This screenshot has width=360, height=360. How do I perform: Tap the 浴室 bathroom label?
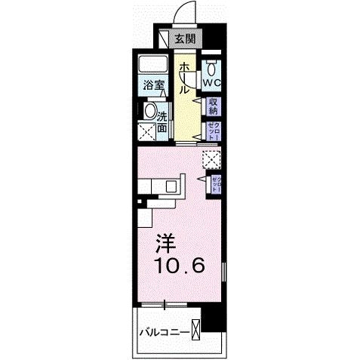pyautogui.click(x=153, y=85)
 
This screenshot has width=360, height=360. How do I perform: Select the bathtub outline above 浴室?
pyautogui.click(x=155, y=63)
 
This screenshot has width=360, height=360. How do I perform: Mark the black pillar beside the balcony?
pyautogui.click(x=216, y=322)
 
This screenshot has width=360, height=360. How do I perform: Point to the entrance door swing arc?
pyautogui.click(x=182, y=14)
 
